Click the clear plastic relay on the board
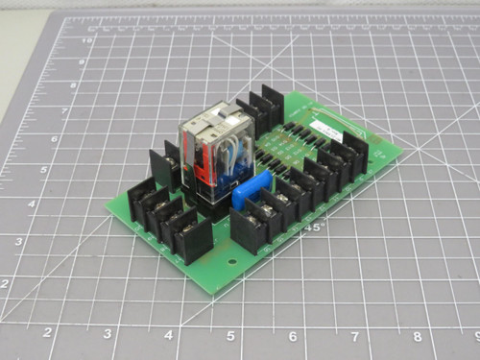point(216,154)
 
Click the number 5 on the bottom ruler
point(230,336)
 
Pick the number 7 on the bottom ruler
point(354,337)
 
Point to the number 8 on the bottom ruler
point(417,338)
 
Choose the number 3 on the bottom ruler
point(107,335)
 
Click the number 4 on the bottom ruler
point(169,335)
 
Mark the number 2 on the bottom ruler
point(44,334)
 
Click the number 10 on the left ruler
point(85,41)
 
